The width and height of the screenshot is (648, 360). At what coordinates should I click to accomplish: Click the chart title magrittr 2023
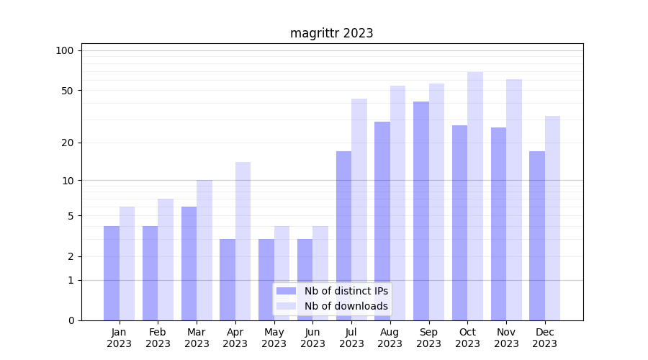point(331,33)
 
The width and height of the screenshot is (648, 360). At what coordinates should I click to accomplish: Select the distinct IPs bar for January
point(112,273)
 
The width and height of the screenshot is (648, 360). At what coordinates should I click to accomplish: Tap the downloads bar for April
point(243,241)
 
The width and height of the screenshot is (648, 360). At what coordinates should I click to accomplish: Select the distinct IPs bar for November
point(498,224)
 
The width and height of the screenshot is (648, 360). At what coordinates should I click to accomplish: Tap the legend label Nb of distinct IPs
point(346,291)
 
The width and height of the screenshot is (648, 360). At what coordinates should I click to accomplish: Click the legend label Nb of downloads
point(346,306)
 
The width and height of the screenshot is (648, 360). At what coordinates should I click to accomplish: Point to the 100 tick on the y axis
point(65,50)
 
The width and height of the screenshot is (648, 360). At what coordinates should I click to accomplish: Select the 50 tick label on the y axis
point(67,91)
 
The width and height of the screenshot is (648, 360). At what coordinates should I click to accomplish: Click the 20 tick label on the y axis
point(67,143)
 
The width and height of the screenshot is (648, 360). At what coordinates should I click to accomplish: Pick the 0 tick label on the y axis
point(71,320)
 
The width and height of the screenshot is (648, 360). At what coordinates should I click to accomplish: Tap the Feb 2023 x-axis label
point(158,338)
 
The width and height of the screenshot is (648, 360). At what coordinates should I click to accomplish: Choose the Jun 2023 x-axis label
point(312,338)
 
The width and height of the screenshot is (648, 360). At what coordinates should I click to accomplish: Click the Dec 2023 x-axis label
point(544,338)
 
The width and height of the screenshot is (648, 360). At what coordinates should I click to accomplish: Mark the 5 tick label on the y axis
point(71,216)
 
